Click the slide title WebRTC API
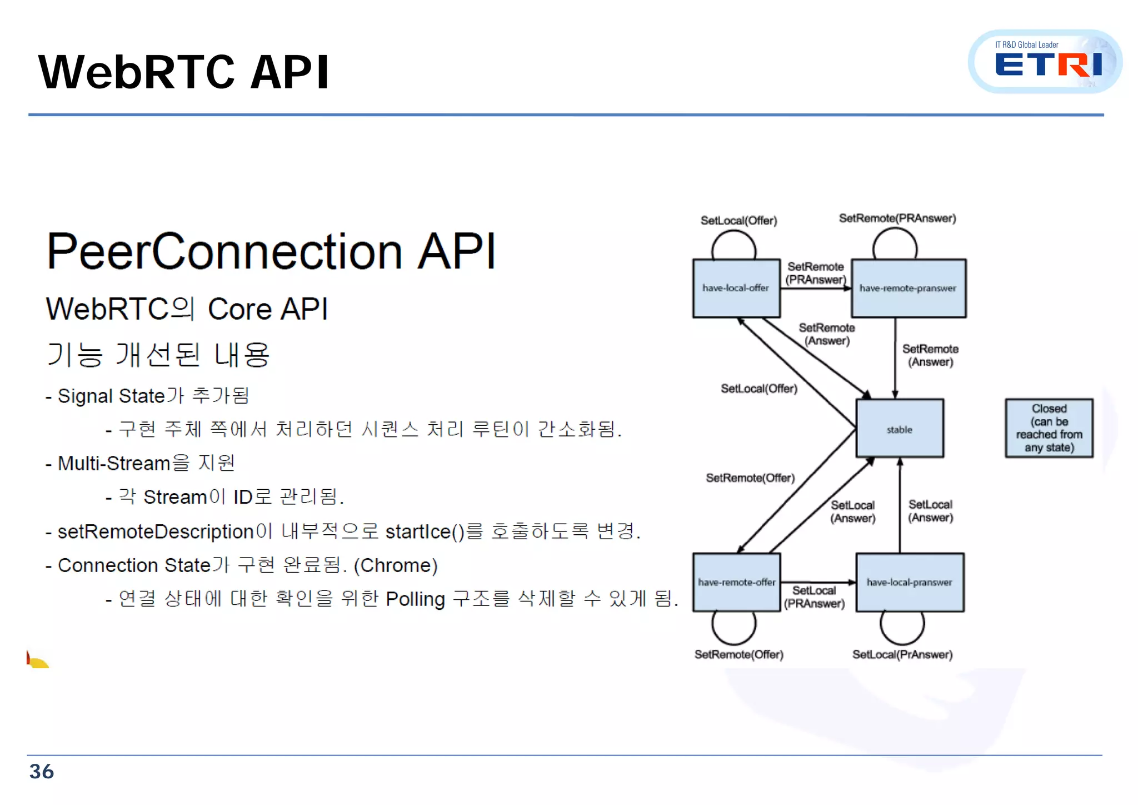point(183,72)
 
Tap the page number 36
point(41,772)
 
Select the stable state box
point(900,429)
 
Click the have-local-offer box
point(736,288)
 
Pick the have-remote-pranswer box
point(908,288)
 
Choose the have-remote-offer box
point(736,582)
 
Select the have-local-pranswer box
point(910,582)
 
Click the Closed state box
point(1049,428)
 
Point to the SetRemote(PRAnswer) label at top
point(897,218)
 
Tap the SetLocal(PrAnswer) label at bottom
point(902,654)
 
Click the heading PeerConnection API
point(271,252)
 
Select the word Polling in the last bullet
point(415,599)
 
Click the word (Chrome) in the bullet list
point(396,565)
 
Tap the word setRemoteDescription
point(156,531)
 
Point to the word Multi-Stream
point(114,463)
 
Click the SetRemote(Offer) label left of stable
point(750,478)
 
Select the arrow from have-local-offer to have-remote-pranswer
point(816,288)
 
